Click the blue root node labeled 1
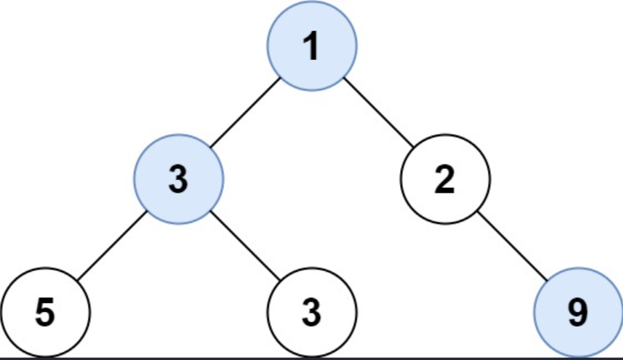(312, 47)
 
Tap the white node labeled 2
(444, 180)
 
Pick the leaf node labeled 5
(45, 313)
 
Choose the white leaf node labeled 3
(312, 313)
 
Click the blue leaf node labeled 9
(579, 313)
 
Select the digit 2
(444, 181)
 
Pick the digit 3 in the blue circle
(178, 181)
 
